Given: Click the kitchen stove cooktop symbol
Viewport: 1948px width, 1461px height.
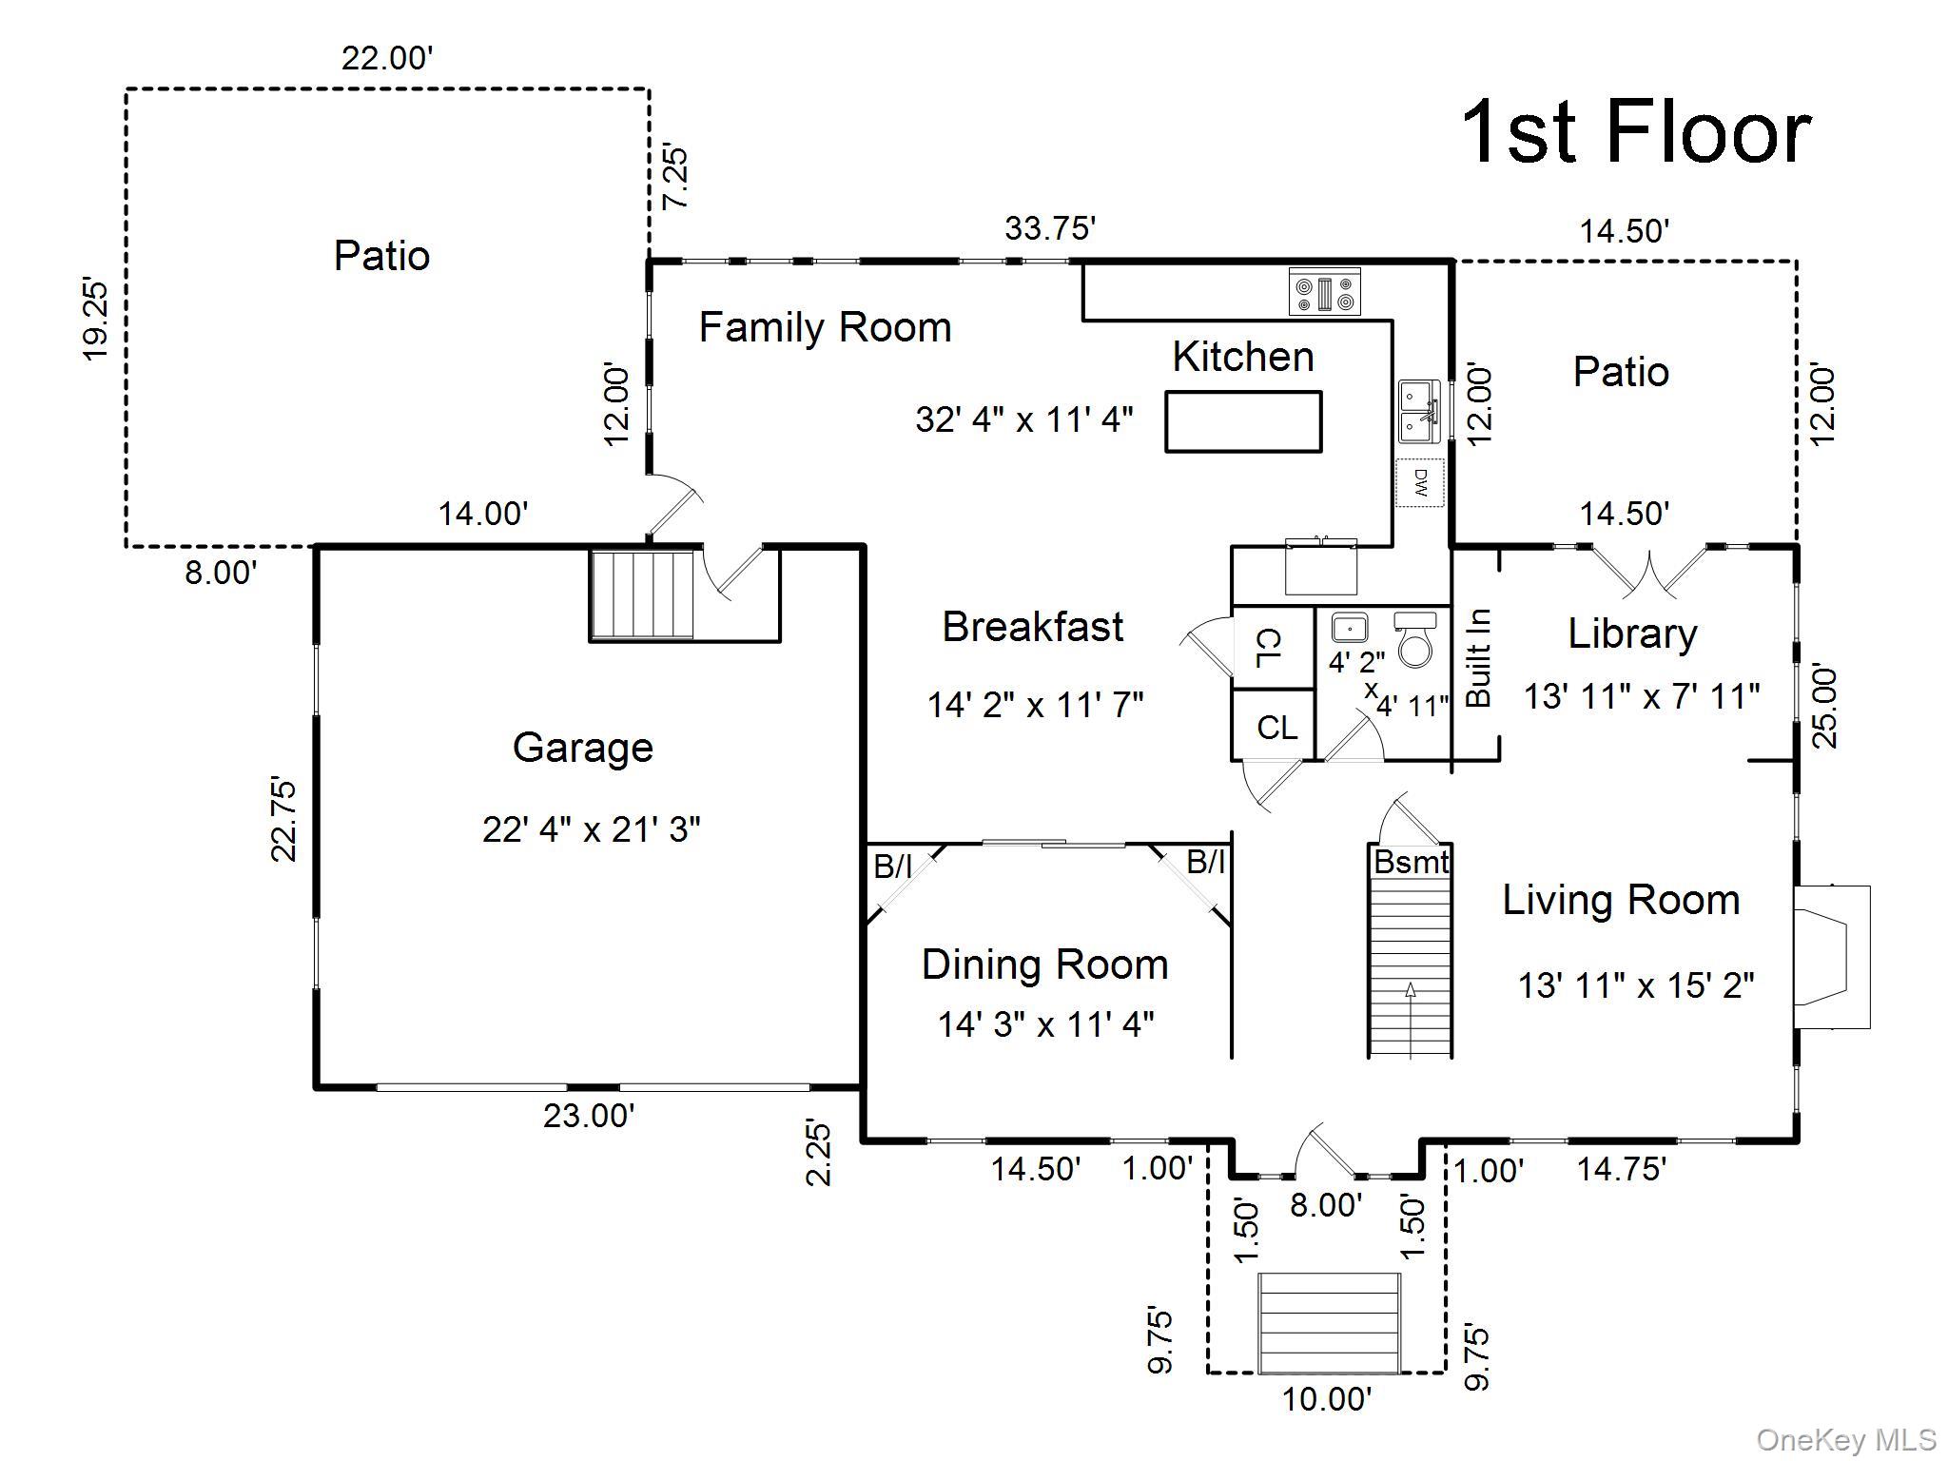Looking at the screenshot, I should [x=1324, y=291].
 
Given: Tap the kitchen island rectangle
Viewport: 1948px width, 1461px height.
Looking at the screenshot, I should [x=1243, y=421].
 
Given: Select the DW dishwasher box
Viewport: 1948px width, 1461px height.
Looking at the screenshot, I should [x=1420, y=483].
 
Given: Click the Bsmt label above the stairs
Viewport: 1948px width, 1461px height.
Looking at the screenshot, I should [x=1411, y=863].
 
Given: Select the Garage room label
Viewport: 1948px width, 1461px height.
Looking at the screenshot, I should [x=582, y=748].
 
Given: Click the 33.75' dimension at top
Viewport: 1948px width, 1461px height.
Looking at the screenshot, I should [x=1050, y=229].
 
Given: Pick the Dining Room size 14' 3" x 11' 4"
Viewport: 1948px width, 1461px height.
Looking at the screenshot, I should [x=1045, y=1024].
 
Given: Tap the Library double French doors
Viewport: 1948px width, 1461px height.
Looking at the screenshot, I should [x=1652, y=570].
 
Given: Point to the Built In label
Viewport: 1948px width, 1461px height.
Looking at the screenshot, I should [x=1478, y=657].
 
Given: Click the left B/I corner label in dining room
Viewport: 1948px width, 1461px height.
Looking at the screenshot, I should [x=892, y=867].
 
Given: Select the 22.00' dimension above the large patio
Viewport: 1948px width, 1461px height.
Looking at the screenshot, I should [x=387, y=59].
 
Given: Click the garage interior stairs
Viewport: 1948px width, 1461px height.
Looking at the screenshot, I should [x=642, y=594].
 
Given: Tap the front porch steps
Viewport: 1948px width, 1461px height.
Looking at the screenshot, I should [x=1329, y=1322].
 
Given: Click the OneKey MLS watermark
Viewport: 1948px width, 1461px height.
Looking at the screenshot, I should [x=1845, y=1440].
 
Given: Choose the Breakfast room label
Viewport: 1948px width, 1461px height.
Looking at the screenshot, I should [x=1032, y=627].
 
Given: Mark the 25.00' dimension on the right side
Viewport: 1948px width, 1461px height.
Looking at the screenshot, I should [x=1824, y=707].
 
